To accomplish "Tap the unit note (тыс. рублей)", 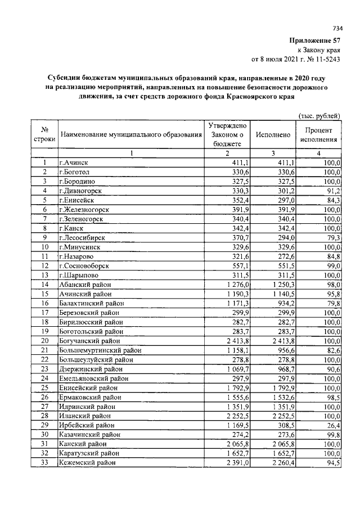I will (x=319, y=115).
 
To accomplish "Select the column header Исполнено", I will (x=273, y=135).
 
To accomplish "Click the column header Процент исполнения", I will (x=319, y=134).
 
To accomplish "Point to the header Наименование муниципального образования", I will (x=131, y=135).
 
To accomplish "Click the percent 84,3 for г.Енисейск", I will (x=332, y=200).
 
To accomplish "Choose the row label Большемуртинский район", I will (x=96, y=350).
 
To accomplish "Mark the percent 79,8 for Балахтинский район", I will (x=332, y=303).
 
